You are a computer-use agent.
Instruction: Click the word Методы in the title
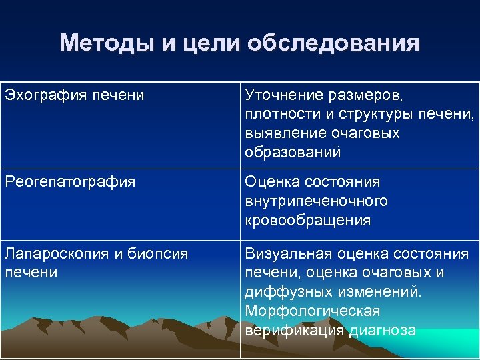pos(106,43)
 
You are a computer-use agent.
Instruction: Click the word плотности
pos(279,114)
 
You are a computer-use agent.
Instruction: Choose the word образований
pos(292,153)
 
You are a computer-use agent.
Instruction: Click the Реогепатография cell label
pos(70,181)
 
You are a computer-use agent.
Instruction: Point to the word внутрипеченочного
pos(316,201)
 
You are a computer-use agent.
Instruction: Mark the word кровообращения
pos(307,220)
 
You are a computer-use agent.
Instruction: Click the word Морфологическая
pos(311,311)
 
